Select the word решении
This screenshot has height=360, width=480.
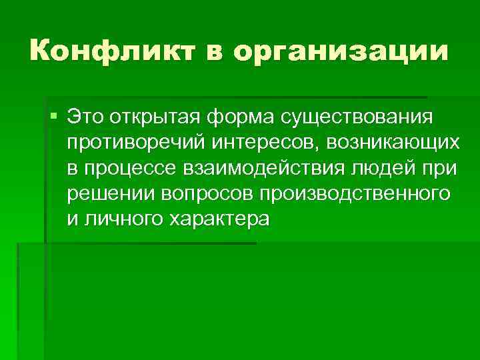point(111,193)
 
